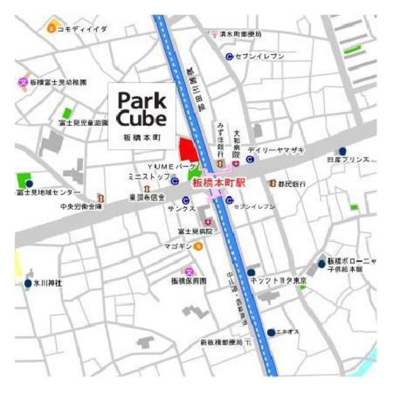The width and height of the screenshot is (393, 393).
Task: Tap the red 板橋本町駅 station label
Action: pos(218,183)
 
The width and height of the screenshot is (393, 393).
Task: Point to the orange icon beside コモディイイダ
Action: pos(52,28)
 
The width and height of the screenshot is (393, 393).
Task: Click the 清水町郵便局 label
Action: pos(241,34)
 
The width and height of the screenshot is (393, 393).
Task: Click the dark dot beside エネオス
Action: pos(271,332)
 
